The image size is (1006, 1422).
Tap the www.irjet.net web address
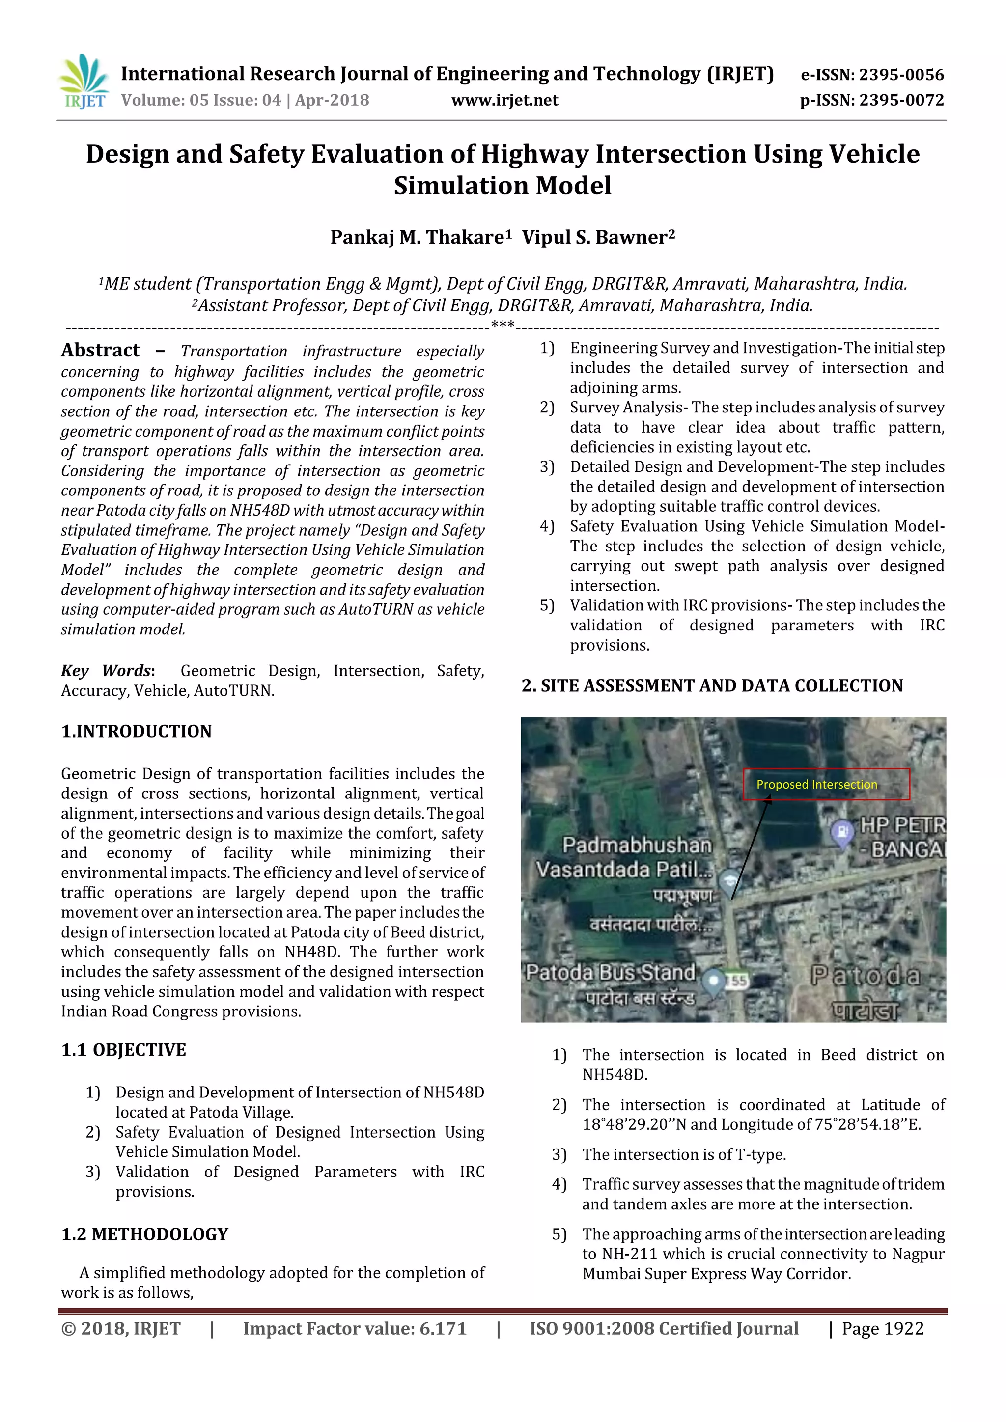[504, 100]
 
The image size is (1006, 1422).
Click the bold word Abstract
[100, 351]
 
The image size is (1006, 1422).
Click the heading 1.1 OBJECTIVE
[123, 1050]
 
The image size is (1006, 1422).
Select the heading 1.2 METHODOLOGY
[144, 1234]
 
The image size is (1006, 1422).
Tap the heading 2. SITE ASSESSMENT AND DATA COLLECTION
[712, 685]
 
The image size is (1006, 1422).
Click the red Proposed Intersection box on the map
[826, 784]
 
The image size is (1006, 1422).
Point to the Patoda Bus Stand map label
[610, 972]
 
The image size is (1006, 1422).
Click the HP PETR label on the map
[902, 825]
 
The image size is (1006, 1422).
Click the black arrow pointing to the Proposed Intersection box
[751, 848]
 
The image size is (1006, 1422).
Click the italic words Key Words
[107, 671]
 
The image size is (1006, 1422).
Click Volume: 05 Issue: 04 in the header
[201, 100]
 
